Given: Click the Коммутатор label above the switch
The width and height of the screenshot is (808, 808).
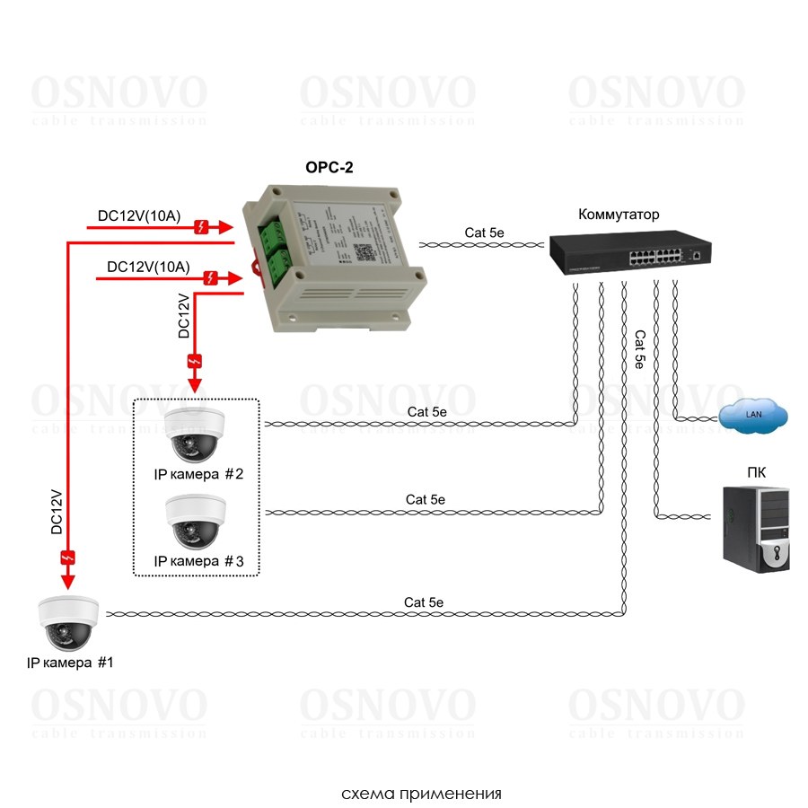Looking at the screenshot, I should point(619,215).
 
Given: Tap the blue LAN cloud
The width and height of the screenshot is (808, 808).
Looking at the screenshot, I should point(752,414).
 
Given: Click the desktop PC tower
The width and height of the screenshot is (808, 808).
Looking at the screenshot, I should point(756,528).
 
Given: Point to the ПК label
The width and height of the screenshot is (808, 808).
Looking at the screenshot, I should point(756,473).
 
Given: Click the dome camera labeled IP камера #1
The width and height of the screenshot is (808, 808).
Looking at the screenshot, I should point(68,624).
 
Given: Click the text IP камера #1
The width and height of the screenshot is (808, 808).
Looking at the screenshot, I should point(71,663).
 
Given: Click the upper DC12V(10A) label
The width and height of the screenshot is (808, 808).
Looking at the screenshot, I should point(139,215).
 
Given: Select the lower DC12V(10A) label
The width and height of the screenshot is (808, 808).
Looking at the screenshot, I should point(148,267).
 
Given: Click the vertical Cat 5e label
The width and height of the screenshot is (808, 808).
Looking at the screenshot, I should point(639,350).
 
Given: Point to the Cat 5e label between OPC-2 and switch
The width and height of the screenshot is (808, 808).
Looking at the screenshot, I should point(485,233).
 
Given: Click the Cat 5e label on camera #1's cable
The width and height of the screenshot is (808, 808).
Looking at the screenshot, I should point(424,602).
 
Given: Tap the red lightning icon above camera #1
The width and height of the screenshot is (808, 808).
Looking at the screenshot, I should point(68,558).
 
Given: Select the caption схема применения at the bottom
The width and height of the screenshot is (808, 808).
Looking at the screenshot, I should point(421,794).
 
